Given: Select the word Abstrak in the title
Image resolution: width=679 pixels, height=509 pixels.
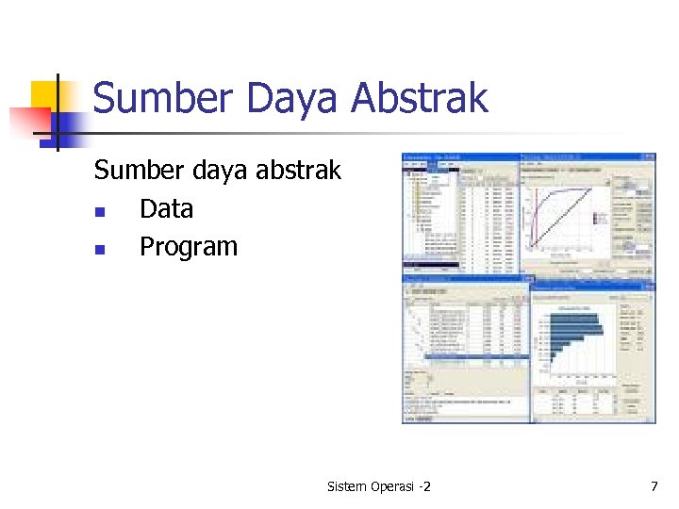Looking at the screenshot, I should [419, 99].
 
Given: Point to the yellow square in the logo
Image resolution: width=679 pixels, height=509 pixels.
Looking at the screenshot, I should [45, 95].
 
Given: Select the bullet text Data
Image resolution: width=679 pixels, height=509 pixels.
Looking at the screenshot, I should [166, 208].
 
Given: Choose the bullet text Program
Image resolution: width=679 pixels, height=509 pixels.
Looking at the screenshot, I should [189, 247].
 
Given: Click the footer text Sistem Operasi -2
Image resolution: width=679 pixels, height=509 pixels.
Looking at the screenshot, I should [378, 486].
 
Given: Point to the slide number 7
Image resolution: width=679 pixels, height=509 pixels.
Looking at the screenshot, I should [654, 486].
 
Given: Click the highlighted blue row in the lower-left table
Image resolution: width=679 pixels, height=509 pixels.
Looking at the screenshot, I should [467, 357].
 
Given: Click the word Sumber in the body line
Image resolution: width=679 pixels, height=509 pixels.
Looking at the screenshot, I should [132, 171].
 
